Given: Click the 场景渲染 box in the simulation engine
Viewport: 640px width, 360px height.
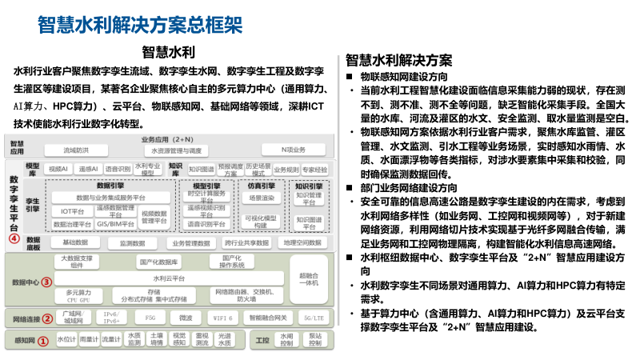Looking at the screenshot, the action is click(x=261, y=197).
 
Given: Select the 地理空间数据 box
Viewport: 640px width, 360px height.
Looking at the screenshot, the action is click(x=302, y=242).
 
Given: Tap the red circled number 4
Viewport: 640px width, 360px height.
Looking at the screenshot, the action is click(x=14, y=238).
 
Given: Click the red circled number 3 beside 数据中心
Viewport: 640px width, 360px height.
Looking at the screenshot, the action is click(x=46, y=282).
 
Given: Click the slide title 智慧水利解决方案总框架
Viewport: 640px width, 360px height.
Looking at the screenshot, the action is click(x=140, y=23).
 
